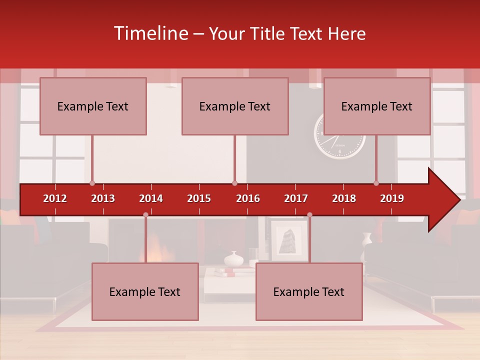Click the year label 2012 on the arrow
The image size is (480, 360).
55,198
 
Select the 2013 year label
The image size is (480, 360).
103,198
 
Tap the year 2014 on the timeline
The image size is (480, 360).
151,198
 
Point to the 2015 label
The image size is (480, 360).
199,198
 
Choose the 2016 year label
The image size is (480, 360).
248,198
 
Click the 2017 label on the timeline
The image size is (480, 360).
296,198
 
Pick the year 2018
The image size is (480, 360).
344,198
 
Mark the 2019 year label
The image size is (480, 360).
392,198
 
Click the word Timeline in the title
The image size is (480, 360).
150,33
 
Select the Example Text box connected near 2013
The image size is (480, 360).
93,106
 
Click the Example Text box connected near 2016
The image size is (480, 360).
235,106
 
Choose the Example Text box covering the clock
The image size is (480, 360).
377,106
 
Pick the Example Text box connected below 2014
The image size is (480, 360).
145,291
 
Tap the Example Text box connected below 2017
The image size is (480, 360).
309,291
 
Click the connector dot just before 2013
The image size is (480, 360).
92,183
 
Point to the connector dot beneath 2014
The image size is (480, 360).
145,214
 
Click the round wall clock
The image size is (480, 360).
340,145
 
